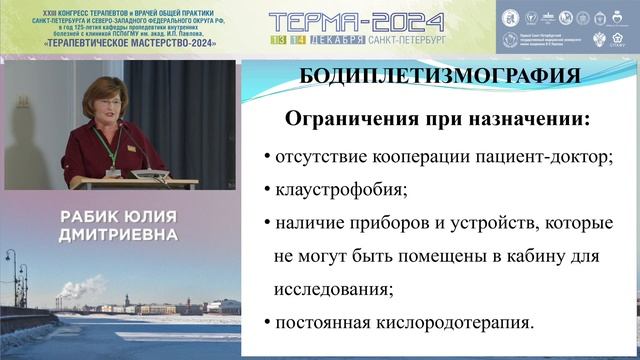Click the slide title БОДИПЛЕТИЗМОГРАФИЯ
(440, 76)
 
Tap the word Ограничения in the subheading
(346, 119)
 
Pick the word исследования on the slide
(331, 289)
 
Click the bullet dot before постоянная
(266, 324)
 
